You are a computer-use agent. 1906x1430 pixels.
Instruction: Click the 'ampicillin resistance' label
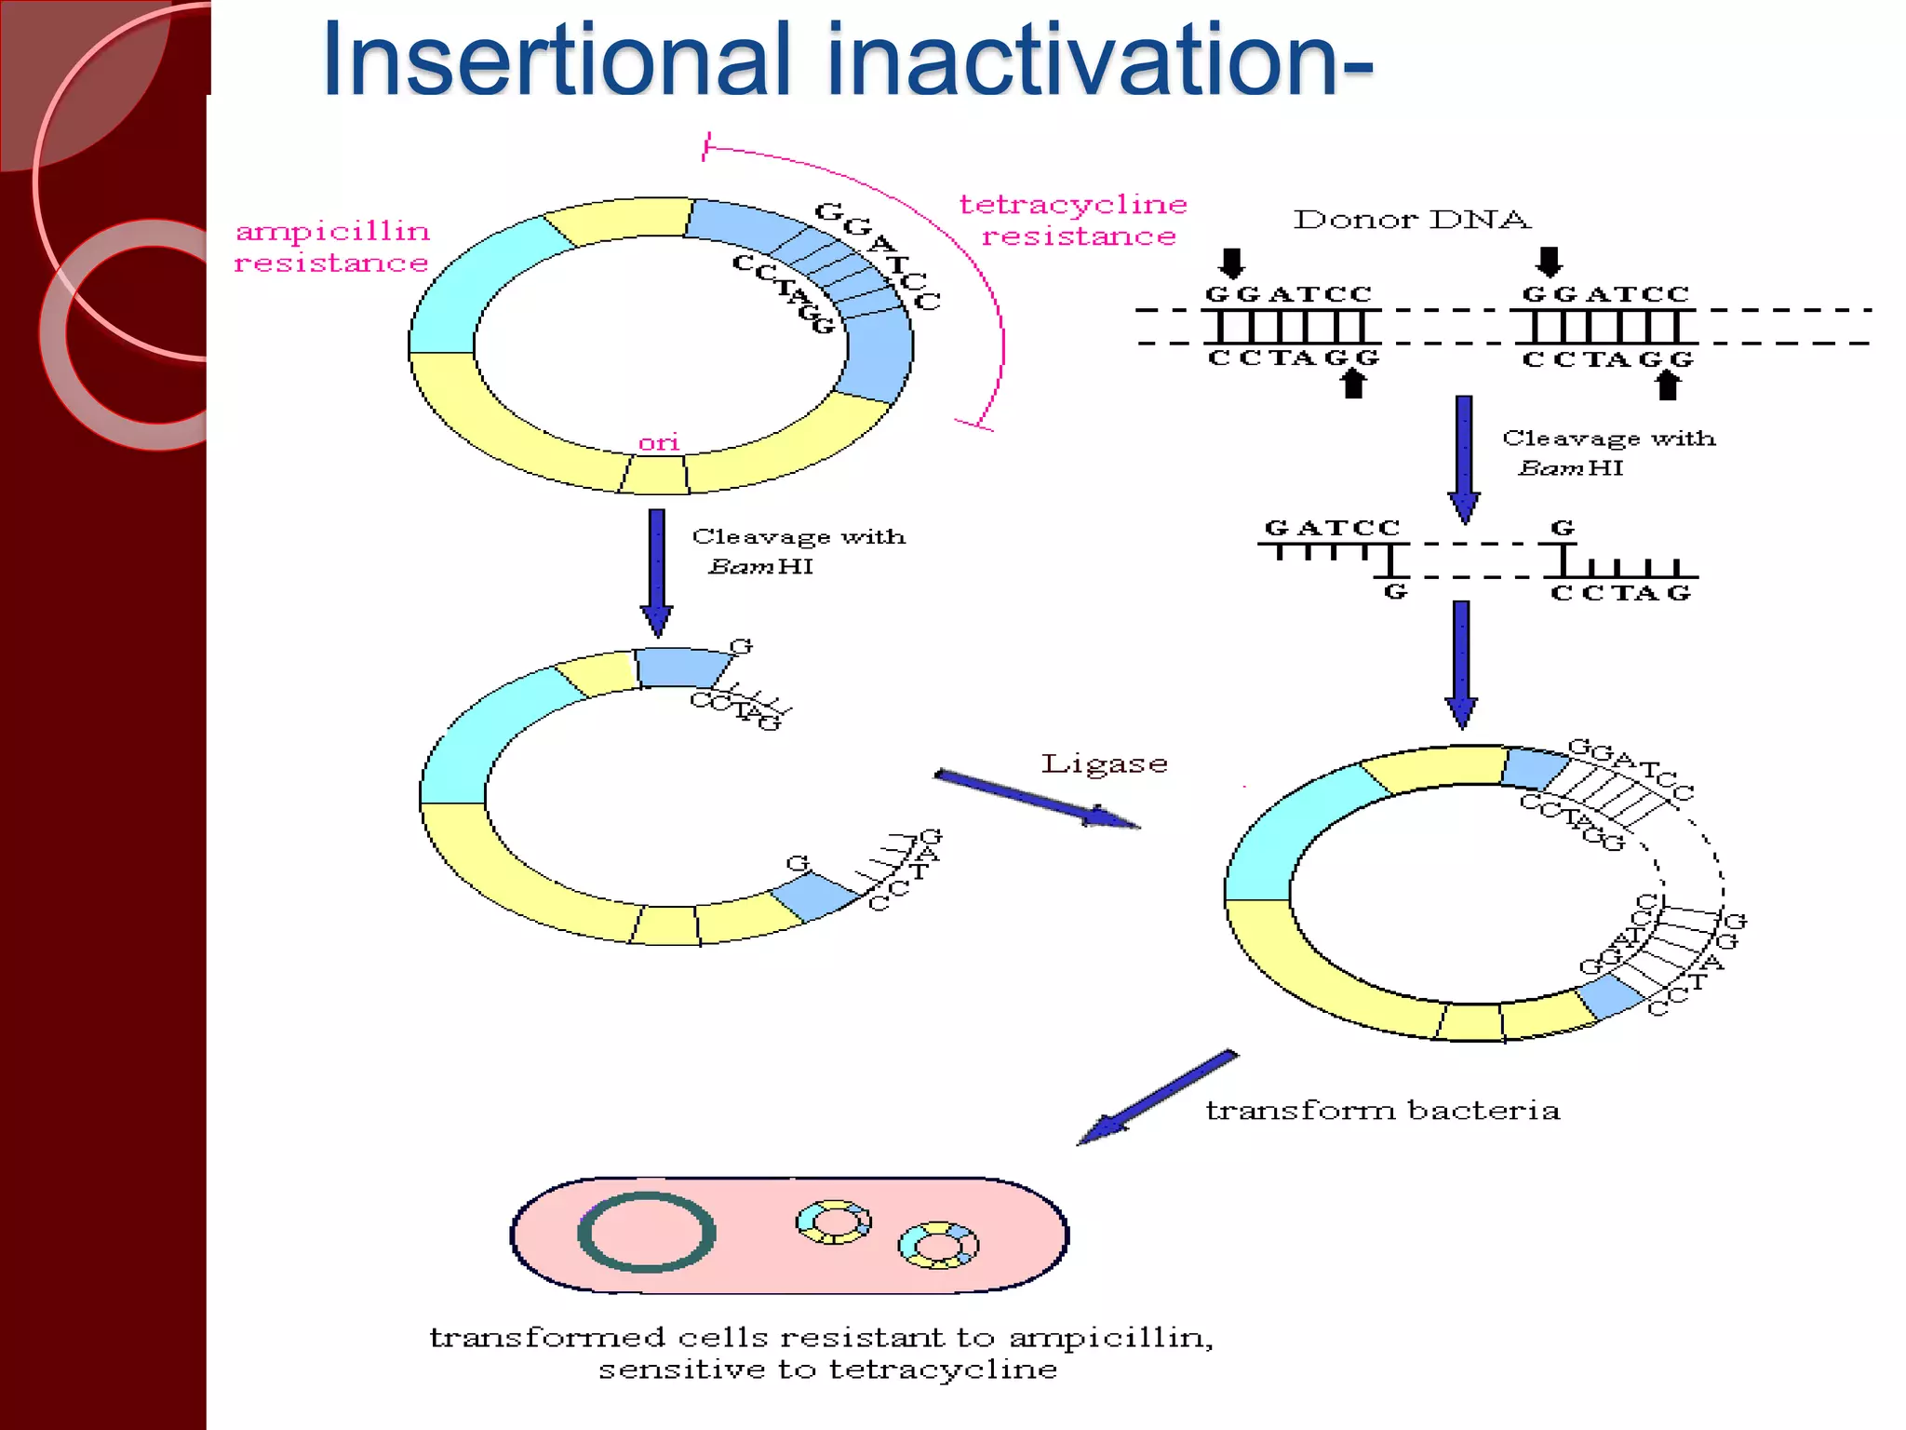point(331,247)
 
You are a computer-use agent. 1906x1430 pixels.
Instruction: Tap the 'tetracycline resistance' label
point(1075,220)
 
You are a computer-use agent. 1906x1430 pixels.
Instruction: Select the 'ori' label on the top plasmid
point(659,443)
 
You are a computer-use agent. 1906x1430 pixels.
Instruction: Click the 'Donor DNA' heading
point(1411,220)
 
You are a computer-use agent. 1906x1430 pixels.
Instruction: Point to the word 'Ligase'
point(1104,763)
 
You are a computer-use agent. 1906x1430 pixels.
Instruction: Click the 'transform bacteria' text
point(1382,1110)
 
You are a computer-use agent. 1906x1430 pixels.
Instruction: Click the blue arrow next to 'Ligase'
point(1036,799)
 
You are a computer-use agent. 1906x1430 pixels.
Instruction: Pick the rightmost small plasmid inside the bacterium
point(938,1245)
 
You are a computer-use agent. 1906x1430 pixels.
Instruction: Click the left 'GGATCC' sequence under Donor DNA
point(1289,294)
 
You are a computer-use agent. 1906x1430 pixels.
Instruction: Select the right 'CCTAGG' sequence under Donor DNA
point(1607,359)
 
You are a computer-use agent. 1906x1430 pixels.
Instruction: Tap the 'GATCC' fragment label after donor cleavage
point(1332,528)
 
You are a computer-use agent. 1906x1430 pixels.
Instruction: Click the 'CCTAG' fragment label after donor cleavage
point(1619,593)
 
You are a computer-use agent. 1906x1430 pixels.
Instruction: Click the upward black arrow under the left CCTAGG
point(1354,384)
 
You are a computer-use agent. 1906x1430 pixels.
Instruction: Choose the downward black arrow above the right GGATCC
point(1549,262)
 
